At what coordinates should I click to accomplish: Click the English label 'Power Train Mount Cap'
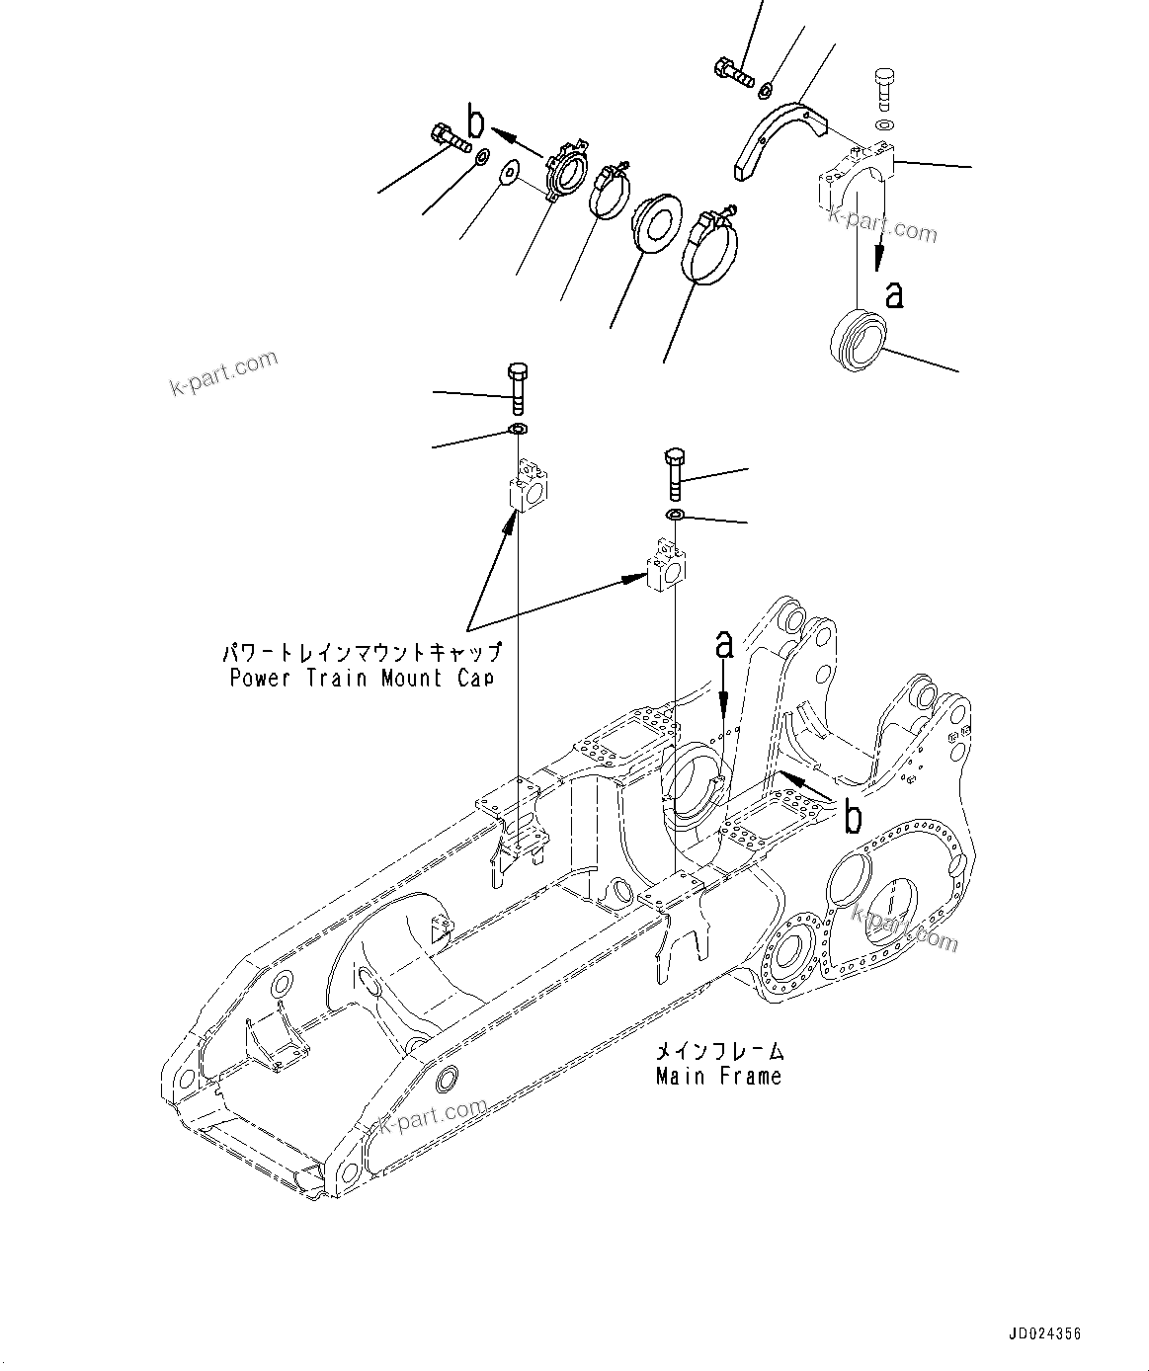361,679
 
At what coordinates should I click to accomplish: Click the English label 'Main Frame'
718,1076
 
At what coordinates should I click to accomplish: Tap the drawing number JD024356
1045,1333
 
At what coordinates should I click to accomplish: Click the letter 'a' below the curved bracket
894,293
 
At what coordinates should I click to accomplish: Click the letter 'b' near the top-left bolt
476,122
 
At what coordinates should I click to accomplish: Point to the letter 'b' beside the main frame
852,818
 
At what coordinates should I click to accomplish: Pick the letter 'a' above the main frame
724,645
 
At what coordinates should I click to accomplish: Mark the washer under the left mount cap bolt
518,429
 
